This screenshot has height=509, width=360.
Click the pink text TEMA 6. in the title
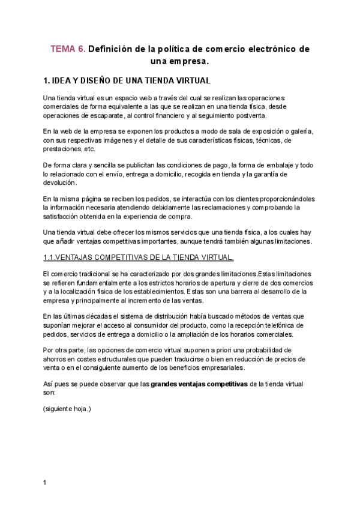(x=68, y=49)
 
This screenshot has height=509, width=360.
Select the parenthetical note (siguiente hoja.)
(x=67, y=408)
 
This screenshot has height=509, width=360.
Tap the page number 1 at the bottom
(x=45, y=482)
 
